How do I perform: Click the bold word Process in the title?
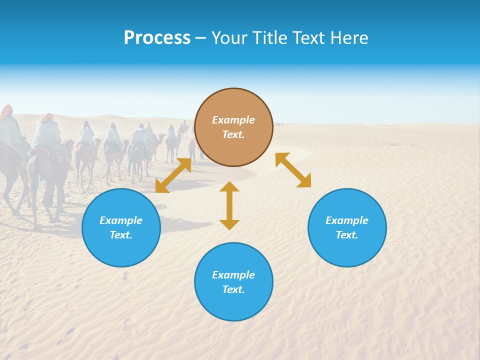tap(157, 38)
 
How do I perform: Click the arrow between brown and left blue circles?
tap(173, 175)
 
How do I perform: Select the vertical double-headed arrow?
tap(229, 205)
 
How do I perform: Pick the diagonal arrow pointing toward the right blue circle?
tap(293, 170)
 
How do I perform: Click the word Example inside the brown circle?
tap(233, 120)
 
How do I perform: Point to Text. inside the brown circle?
tap(233, 134)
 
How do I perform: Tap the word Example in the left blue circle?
tap(121, 220)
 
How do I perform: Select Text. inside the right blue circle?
tap(347, 235)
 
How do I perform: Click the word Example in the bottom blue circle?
tap(233, 275)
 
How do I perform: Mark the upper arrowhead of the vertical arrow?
tap(229, 187)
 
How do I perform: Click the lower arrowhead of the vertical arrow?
tap(229, 224)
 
